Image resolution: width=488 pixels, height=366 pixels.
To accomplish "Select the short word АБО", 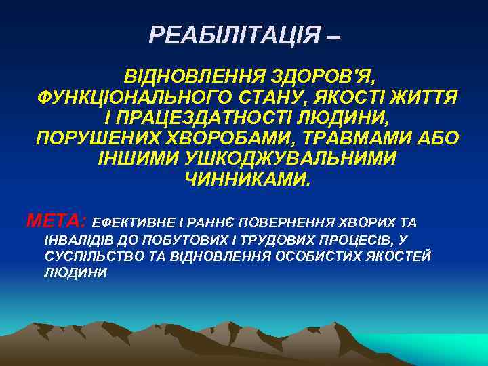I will pyautogui.click(x=436, y=140).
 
